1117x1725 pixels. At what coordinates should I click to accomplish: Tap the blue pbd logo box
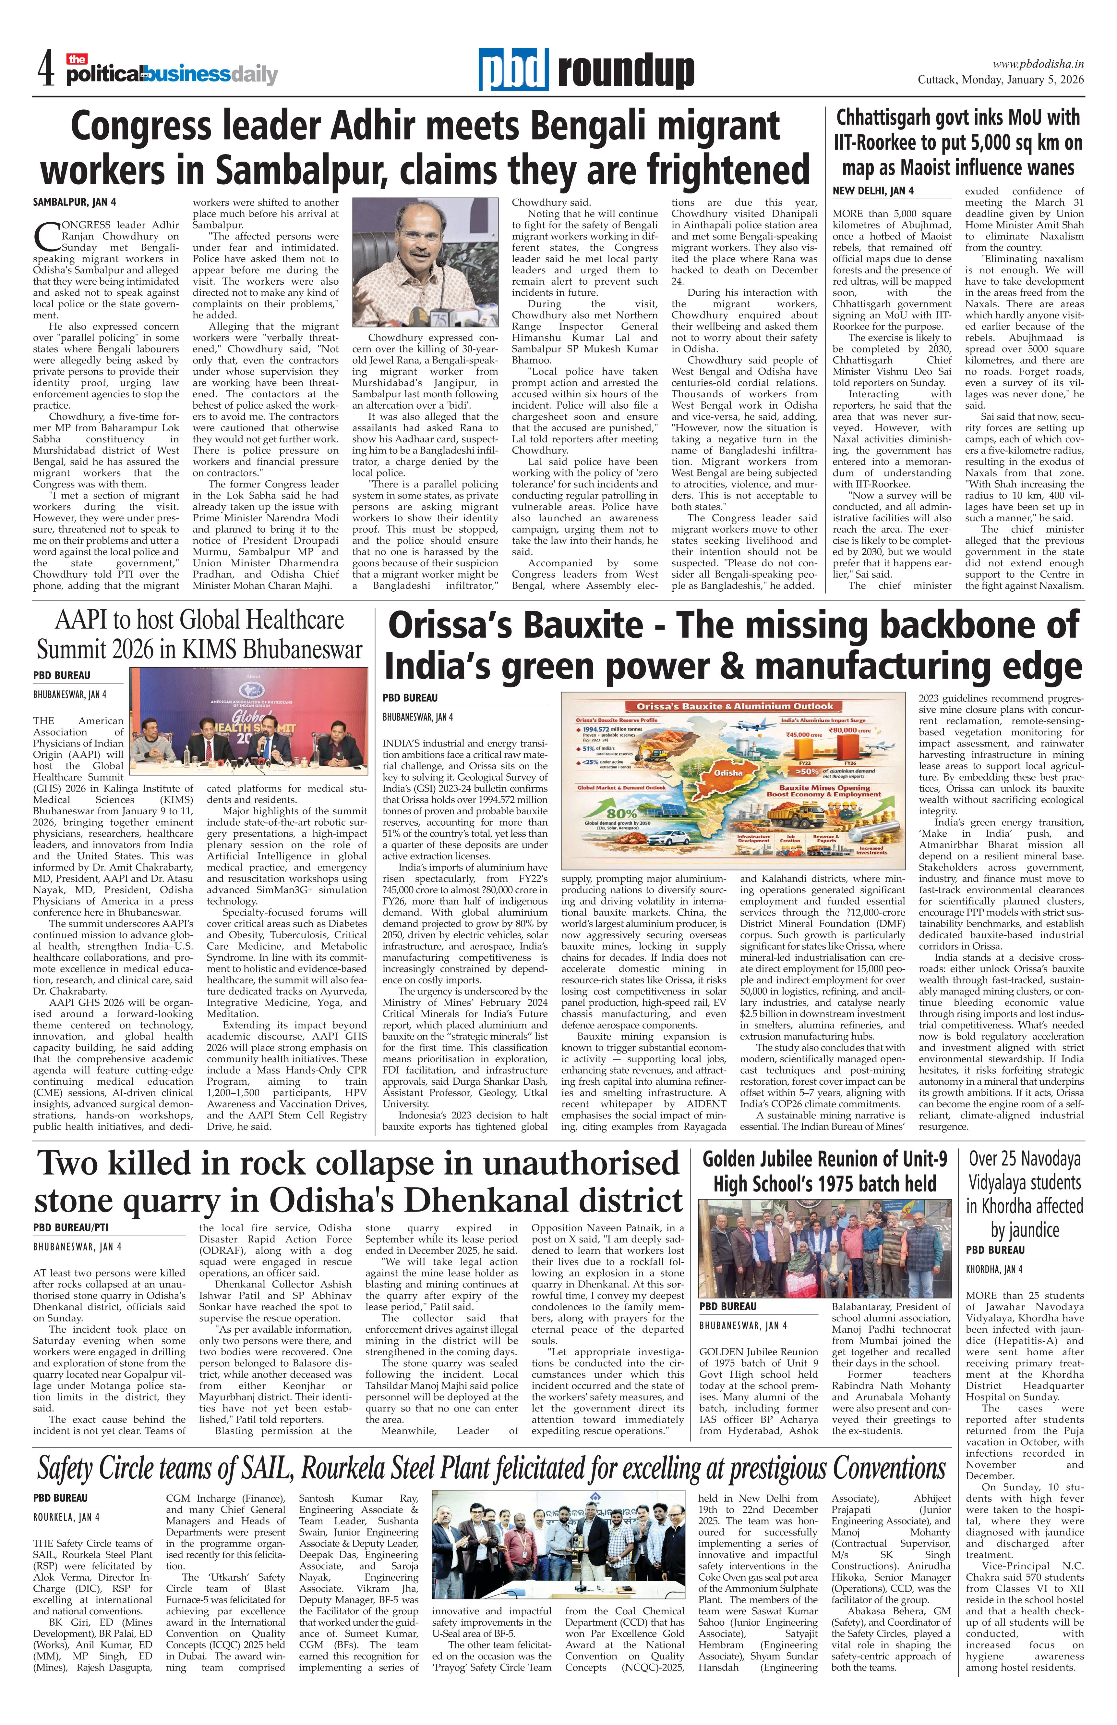coord(513,69)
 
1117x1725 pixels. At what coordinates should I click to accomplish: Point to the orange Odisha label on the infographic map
coord(728,773)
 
